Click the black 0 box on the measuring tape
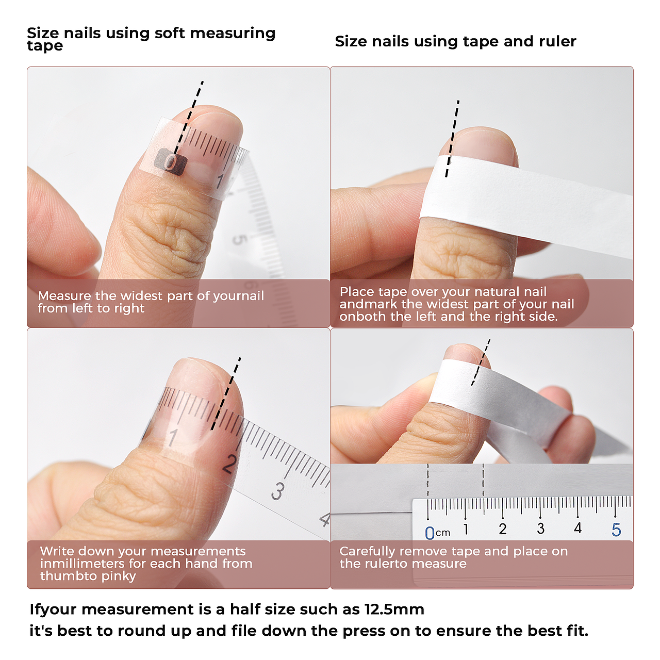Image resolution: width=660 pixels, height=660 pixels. pos(170,162)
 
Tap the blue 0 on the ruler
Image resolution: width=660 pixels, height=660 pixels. pos(429,533)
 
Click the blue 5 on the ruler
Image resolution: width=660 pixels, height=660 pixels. pos(616,530)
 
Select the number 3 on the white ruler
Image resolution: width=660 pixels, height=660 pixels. pos(541,528)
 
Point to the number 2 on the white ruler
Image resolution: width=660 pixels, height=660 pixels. pos(502,529)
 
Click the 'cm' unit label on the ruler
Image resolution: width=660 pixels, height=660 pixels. pos(443,533)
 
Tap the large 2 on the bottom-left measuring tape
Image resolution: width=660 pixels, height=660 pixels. pos(230,464)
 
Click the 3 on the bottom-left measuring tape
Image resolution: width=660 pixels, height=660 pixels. pos(278,491)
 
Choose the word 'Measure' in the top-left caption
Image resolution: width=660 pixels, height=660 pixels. pos(64,295)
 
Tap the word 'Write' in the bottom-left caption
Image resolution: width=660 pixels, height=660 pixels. pos(56,551)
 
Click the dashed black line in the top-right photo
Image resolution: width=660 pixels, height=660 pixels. pos(452,138)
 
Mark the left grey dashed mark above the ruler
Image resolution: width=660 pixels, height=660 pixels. pos(428,480)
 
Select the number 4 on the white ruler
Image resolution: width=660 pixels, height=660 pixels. pos(578,528)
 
